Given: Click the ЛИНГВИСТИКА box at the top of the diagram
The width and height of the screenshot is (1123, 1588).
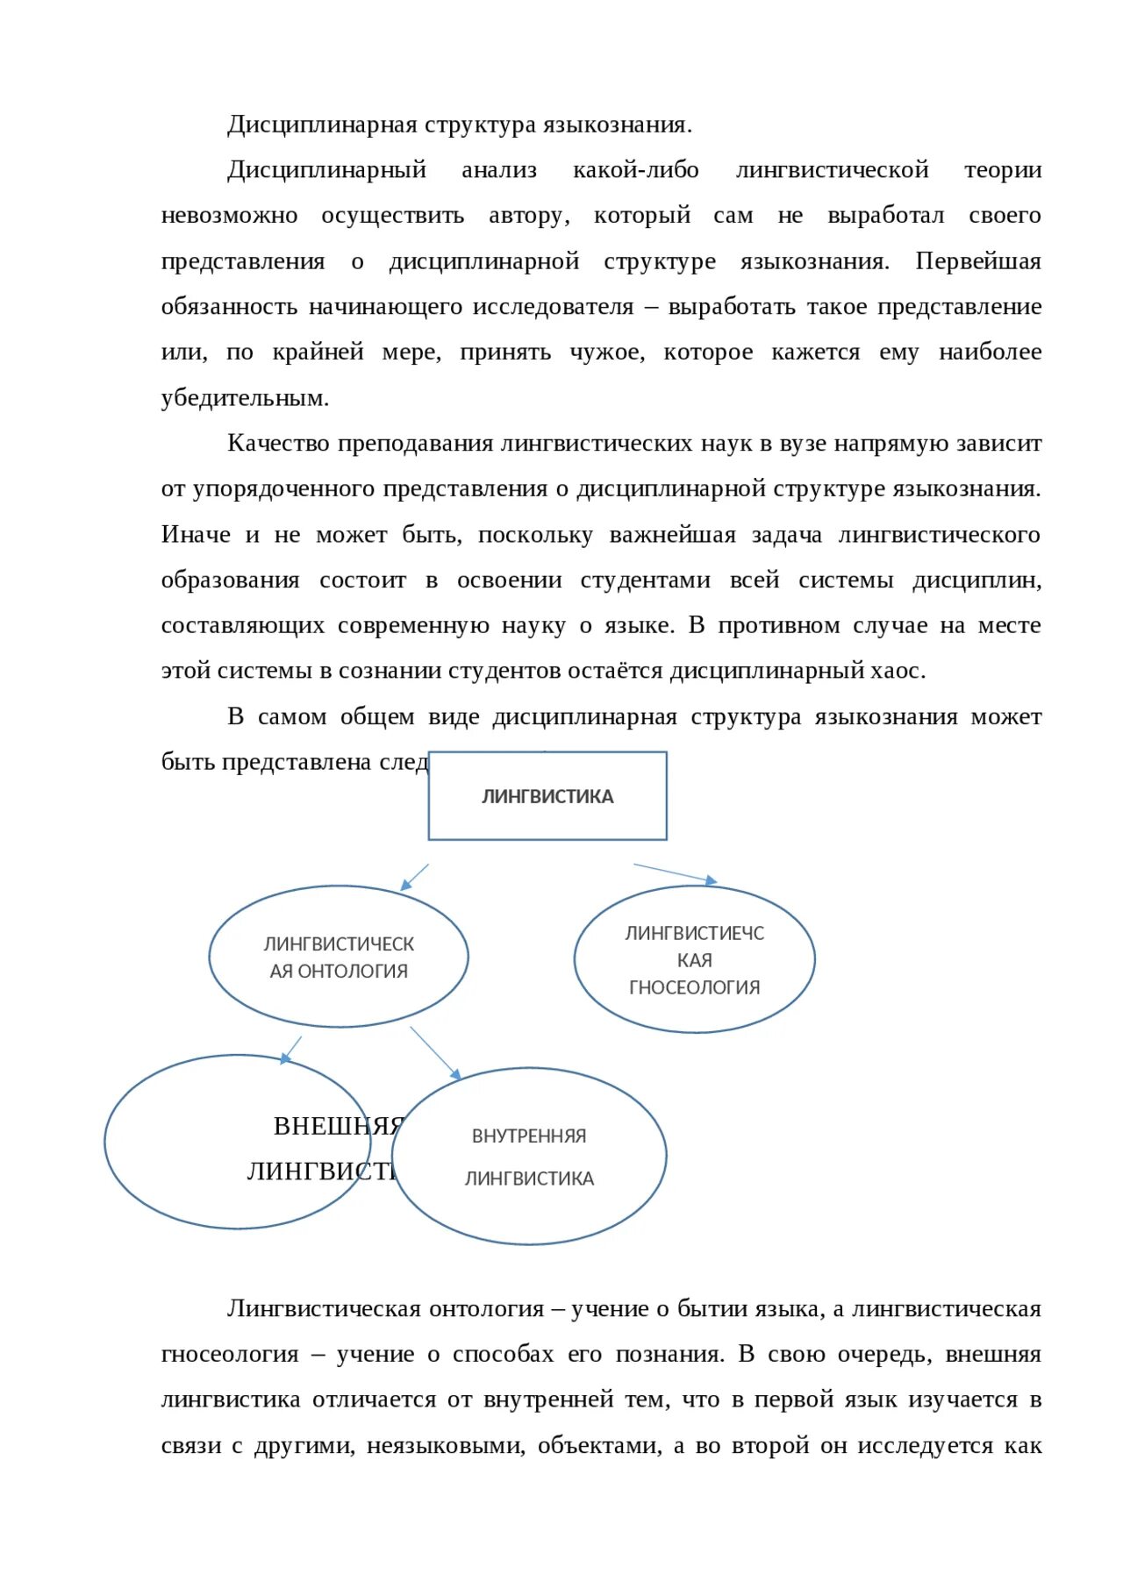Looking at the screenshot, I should (547, 796).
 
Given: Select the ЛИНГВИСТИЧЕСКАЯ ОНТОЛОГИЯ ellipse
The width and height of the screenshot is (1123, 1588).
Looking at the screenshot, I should (339, 957).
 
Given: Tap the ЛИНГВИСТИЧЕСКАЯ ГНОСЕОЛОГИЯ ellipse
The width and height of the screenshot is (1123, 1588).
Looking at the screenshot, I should (694, 959).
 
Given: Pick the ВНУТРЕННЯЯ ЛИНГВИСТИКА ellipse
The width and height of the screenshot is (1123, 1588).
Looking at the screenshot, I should (529, 1157).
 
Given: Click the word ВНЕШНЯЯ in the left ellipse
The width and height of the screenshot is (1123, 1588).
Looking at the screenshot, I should (337, 1126).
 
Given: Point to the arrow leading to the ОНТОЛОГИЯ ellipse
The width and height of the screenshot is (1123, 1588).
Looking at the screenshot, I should (414, 878).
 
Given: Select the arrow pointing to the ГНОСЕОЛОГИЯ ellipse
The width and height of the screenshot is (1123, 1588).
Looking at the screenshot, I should (675, 873).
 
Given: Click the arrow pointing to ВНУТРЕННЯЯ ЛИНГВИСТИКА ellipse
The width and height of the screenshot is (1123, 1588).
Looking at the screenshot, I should (435, 1053).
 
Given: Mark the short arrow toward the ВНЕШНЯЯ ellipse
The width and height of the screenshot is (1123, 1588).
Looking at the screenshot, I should (291, 1050).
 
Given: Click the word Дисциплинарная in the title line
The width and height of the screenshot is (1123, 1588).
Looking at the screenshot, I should (322, 125).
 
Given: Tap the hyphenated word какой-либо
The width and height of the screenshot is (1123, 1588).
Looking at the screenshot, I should (635, 170).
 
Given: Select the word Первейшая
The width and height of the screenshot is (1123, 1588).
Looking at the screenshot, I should (977, 261).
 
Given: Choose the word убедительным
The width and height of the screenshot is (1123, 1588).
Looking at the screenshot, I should (245, 398).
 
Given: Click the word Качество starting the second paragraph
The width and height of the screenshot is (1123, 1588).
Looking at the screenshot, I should (278, 444).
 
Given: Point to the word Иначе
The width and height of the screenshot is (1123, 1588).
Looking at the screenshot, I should (196, 535).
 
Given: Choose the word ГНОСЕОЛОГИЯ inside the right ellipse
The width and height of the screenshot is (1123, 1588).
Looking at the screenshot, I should (694, 987).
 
